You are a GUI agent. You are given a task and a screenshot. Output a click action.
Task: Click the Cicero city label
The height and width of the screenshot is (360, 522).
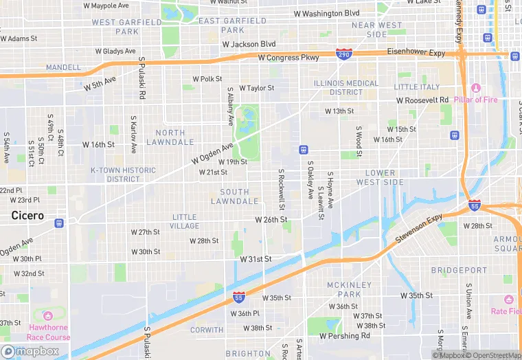27,216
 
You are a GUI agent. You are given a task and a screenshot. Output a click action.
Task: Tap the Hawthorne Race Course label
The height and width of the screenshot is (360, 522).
48,333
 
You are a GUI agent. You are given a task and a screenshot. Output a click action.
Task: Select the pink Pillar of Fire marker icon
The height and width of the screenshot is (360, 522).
476,88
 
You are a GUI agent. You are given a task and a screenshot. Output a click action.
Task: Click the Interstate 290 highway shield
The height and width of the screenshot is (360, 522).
344,53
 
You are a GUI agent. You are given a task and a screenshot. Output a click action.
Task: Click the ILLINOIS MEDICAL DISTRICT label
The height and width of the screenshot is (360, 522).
346,88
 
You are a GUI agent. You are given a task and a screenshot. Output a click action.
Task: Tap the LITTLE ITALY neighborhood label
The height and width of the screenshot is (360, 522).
416,87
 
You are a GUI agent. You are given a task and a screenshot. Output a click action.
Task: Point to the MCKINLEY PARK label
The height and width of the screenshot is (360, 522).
349,289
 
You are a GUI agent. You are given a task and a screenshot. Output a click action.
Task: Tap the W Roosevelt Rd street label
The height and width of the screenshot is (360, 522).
422,100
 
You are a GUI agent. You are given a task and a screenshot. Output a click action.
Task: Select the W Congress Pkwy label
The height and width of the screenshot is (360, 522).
288,58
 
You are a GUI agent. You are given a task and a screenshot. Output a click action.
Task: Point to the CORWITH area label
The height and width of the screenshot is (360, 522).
206,330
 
